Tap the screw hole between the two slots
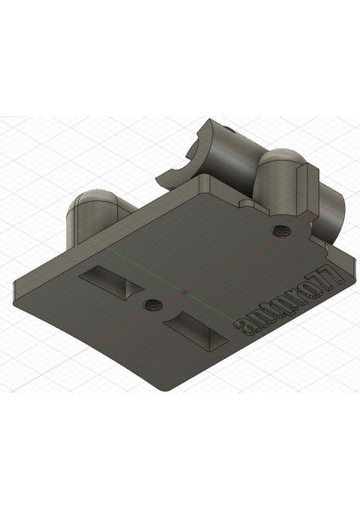point(154,304)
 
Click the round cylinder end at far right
point(333,212)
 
